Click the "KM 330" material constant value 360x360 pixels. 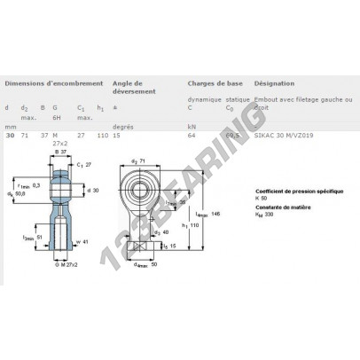[266, 214]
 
